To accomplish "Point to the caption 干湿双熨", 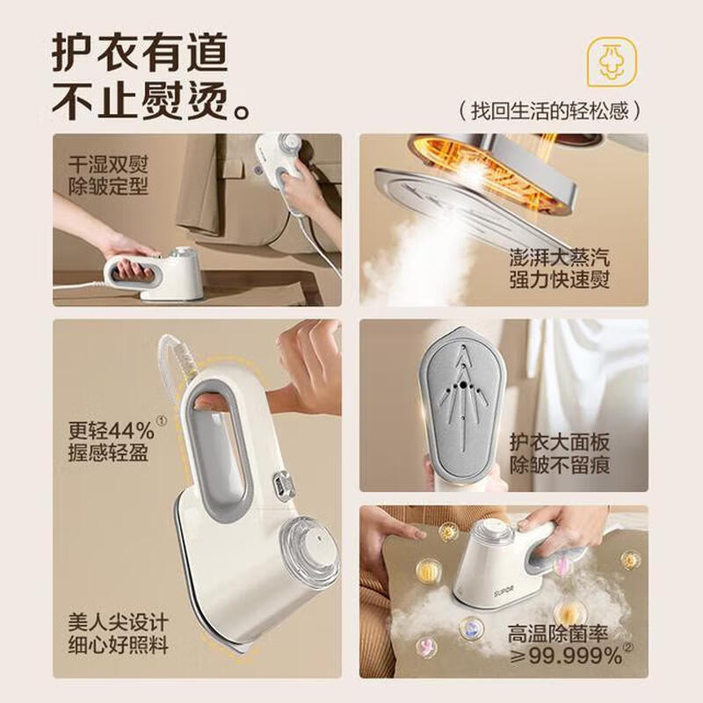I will click(x=110, y=163).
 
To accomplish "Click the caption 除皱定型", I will click(x=110, y=186).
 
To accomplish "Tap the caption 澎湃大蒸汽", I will click(x=560, y=257).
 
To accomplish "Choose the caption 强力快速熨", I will click(x=560, y=281).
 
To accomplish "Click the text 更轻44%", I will click(x=112, y=431).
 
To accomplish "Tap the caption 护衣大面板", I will click(x=560, y=441).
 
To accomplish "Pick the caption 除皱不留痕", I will click(x=560, y=465).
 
